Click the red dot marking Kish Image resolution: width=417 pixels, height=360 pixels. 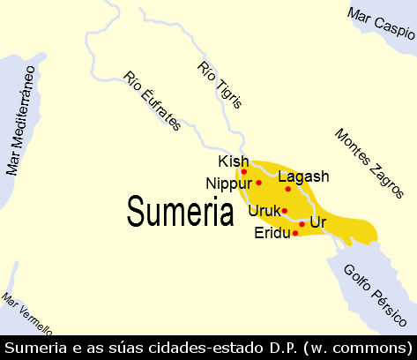[244, 171]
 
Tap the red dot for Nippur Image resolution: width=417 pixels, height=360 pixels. [259, 183]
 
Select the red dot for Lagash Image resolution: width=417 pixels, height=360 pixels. [288, 189]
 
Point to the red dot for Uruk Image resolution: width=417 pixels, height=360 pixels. [284, 211]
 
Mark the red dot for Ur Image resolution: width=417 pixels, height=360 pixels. [302, 224]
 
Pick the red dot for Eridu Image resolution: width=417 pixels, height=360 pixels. [294, 233]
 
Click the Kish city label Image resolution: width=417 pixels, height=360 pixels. [234, 161]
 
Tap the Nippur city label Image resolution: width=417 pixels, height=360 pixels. [229, 184]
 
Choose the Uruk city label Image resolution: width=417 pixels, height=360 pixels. [264, 211]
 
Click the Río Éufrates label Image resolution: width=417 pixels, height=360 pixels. [152, 100]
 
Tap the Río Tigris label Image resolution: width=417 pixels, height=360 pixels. [219, 85]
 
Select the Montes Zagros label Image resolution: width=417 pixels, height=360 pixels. [369, 162]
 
